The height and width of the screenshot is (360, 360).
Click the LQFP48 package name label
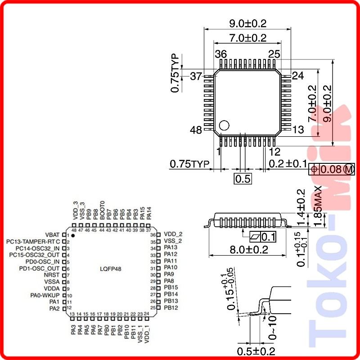[110, 269]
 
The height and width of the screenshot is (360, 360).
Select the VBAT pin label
[53, 235]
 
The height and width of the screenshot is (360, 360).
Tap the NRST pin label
[52, 274]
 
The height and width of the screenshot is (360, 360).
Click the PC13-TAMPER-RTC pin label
[33, 242]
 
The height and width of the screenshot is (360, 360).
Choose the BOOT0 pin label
[102, 210]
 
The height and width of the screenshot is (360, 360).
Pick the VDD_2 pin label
[173, 234]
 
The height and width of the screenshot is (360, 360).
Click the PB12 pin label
[171, 308]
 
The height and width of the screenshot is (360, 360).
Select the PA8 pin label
[169, 281]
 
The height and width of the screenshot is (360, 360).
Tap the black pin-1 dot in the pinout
[73, 235]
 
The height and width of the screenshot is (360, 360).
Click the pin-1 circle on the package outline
[224, 125]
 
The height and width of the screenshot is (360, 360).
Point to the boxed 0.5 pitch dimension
[243, 179]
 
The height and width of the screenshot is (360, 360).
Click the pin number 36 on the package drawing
[220, 54]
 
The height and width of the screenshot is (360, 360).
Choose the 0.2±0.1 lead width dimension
[288, 163]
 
